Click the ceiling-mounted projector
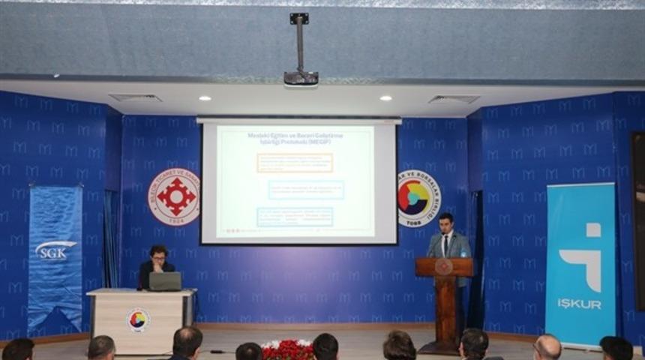click(x=301, y=77)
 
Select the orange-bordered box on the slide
click(x=294, y=163)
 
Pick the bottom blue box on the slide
click(x=294, y=217)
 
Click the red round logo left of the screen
click(x=173, y=197)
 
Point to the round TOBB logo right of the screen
click(x=418, y=199)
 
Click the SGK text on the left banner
click(x=55, y=250)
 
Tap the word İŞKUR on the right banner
click(x=579, y=303)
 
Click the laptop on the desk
click(x=165, y=281)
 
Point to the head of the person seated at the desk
click(x=158, y=254)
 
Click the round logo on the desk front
click(x=138, y=319)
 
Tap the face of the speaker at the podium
click(x=447, y=223)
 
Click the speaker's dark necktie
click(x=445, y=245)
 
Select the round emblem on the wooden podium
click(x=444, y=267)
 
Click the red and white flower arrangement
click(x=287, y=349)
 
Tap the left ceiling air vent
click(x=135, y=97)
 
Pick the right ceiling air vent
click(x=454, y=99)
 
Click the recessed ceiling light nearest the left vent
click(x=205, y=98)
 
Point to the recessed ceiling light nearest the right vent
click(x=385, y=98)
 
